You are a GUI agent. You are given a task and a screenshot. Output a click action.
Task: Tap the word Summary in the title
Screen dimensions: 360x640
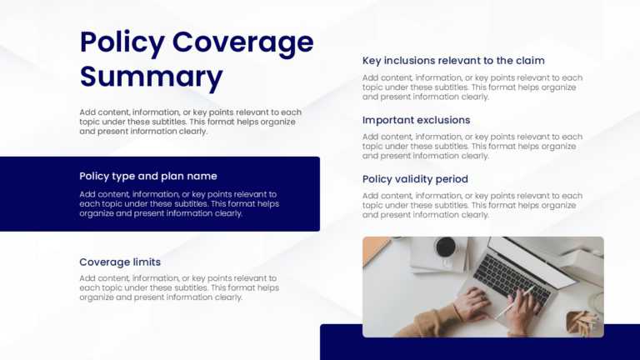pos(151,77)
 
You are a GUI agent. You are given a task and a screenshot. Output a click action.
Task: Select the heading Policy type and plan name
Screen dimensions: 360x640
pos(148,176)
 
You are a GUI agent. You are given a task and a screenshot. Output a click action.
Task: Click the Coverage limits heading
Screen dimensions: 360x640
pos(120,262)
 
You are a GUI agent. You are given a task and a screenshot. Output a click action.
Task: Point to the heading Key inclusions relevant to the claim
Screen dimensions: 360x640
pos(453,60)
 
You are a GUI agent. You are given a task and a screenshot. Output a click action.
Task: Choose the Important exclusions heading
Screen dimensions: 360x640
pos(416,120)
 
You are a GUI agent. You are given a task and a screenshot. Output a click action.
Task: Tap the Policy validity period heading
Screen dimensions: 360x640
pos(415,179)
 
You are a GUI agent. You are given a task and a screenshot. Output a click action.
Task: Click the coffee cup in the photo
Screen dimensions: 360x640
pos(445,247)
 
